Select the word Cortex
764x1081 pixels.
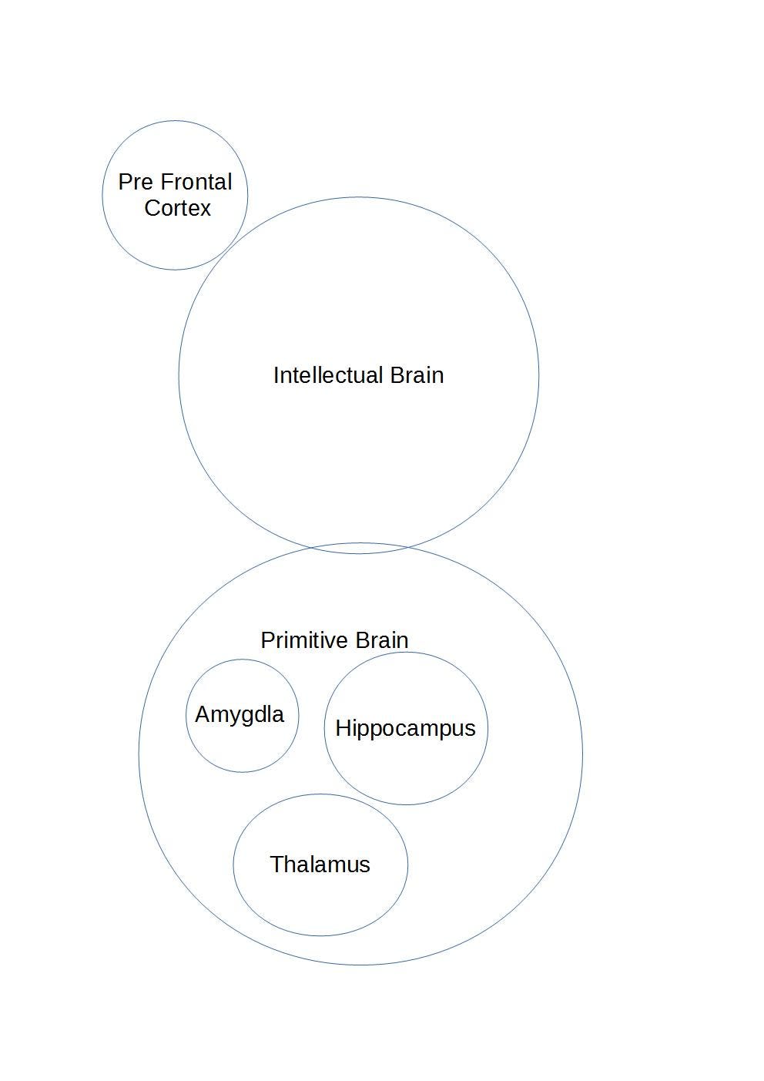[177, 208]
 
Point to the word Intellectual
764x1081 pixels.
[328, 375]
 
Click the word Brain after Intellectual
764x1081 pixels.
[417, 375]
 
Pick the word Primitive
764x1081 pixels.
[305, 640]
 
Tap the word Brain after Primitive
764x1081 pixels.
[382, 640]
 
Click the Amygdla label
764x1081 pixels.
[240, 714]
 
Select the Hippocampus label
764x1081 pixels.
[405, 728]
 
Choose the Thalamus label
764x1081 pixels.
[320, 864]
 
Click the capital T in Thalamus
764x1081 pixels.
[276, 864]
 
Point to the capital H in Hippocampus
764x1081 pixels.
[343, 728]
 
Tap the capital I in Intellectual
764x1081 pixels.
[276, 375]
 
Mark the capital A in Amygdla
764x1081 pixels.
[203, 714]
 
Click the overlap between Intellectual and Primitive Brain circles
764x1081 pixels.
[358, 549]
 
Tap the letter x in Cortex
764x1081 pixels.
[206, 209]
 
